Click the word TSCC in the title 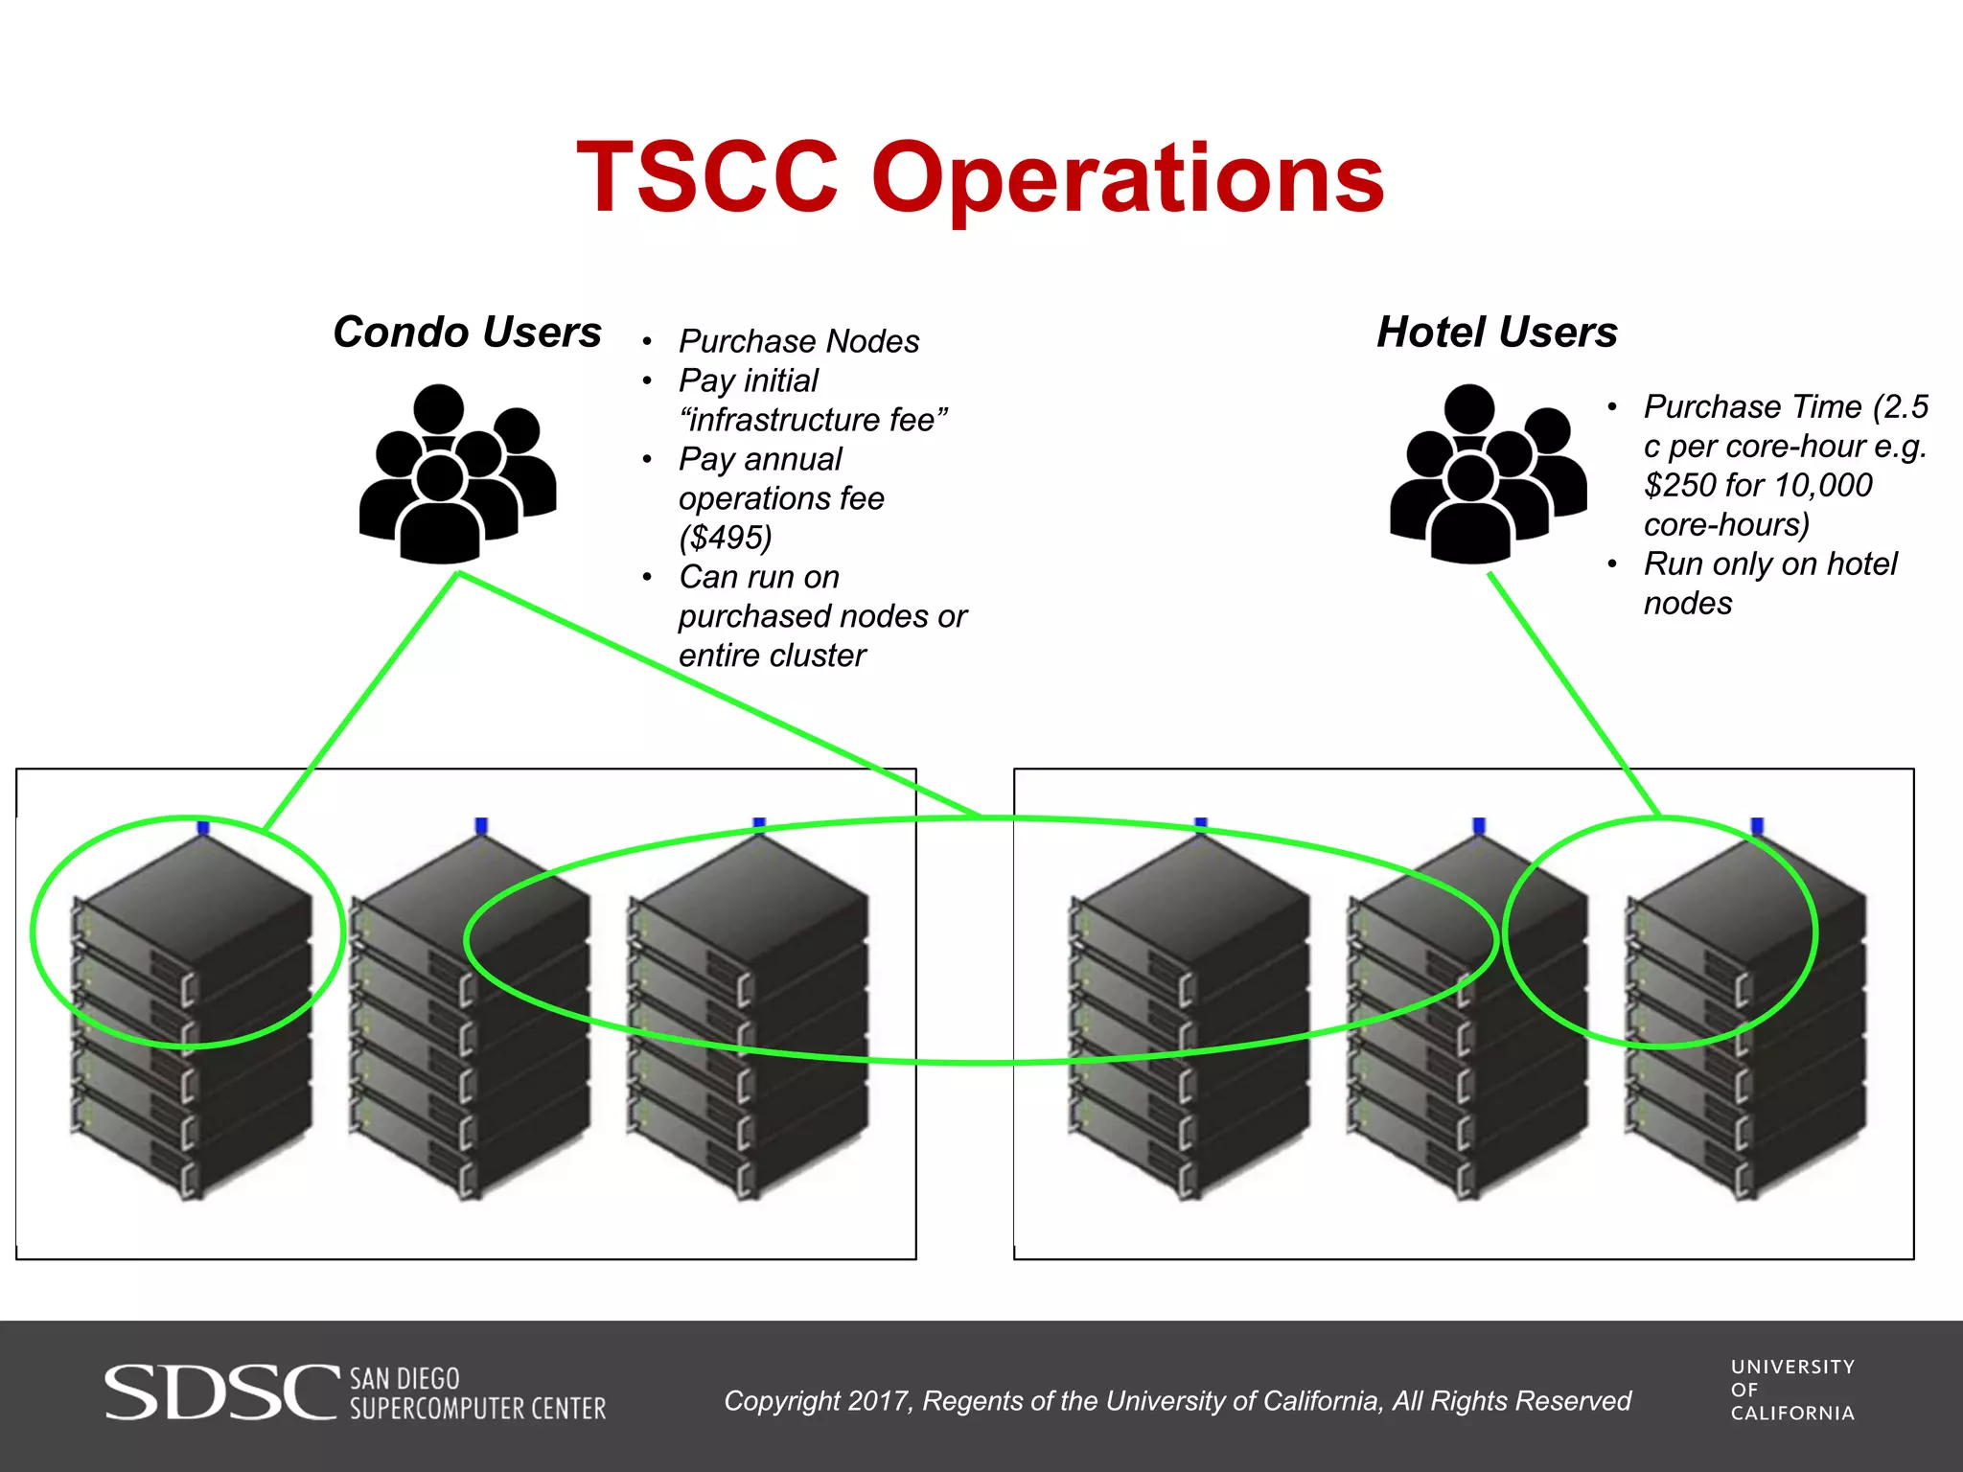[x=707, y=178]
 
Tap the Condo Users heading [x=467, y=333]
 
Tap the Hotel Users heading [x=1496, y=333]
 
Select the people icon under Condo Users [x=457, y=473]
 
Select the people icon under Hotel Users [x=1488, y=473]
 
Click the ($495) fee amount [x=725, y=538]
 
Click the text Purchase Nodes [x=798, y=341]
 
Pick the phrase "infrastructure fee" [x=813, y=420]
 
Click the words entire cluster [x=772, y=655]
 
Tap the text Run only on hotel [x=1769, y=564]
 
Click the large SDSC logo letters [x=221, y=1392]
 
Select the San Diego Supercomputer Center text [x=476, y=1394]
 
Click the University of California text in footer [x=1791, y=1390]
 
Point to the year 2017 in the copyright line [x=877, y=1401]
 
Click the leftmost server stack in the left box [x=192, y=1016]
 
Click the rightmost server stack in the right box [x=1744, y=1016]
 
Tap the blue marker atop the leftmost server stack [x=203, y=827]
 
